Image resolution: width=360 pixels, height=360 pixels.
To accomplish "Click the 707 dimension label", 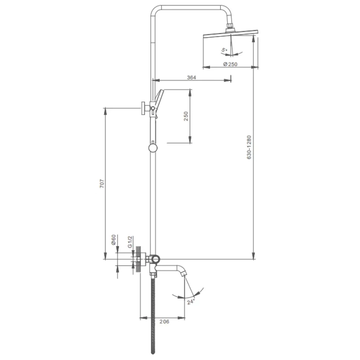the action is (x=102, y=184).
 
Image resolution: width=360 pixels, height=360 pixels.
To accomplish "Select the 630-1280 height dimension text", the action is (x=249, y=147).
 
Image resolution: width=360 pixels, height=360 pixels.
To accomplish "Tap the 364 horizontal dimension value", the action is (x=192, y=77).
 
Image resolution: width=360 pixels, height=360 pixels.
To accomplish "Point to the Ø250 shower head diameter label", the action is (x=230, y=64).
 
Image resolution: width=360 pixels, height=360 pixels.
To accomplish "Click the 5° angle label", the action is (x=224, y=50).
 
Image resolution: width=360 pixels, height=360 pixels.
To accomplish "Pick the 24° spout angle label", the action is (x=191, y=301).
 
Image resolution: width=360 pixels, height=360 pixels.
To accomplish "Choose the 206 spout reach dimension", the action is (x=164, y=321).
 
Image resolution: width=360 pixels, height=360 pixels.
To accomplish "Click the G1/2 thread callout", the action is (x=130, y=242).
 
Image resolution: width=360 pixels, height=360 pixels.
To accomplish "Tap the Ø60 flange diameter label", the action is (x=114, y=240).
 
